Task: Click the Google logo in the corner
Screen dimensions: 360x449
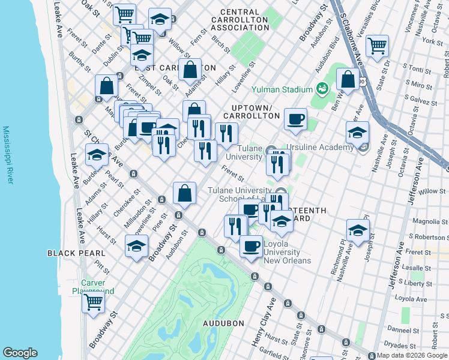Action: [20, 353]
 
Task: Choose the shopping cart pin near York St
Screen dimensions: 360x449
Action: [377, 46]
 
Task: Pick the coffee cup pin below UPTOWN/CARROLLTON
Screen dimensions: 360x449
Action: [295, 119]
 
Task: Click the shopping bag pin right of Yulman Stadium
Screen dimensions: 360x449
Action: [348, 79]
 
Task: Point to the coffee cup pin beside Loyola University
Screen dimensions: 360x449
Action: [251, 245]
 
